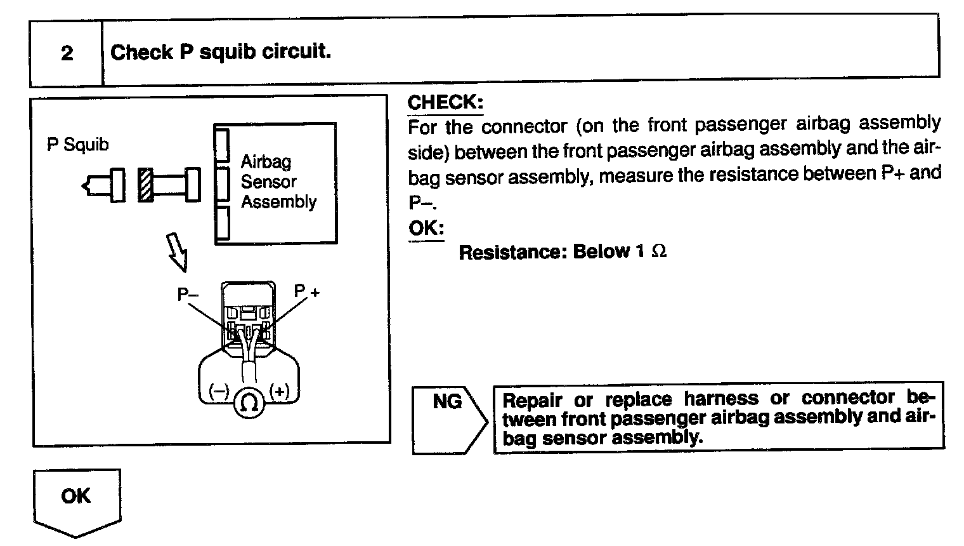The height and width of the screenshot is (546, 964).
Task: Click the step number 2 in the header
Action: (67, 53)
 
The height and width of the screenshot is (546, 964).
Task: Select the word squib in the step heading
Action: (225, 52)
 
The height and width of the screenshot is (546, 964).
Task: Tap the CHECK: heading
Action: (445, 102)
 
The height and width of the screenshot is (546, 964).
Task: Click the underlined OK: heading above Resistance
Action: (426, 228)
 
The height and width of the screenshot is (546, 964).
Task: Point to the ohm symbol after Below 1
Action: (659, 252)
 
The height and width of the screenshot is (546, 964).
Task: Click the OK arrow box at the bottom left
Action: (76, 498)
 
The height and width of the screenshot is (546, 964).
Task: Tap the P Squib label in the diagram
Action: (77, 145)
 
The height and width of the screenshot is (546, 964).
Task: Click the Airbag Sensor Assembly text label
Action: (278, 182)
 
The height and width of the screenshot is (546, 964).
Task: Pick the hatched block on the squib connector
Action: (145, 185)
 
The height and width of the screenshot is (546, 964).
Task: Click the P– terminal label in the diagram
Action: (188, 295)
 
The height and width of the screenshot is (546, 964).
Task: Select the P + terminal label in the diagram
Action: (307, 291)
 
